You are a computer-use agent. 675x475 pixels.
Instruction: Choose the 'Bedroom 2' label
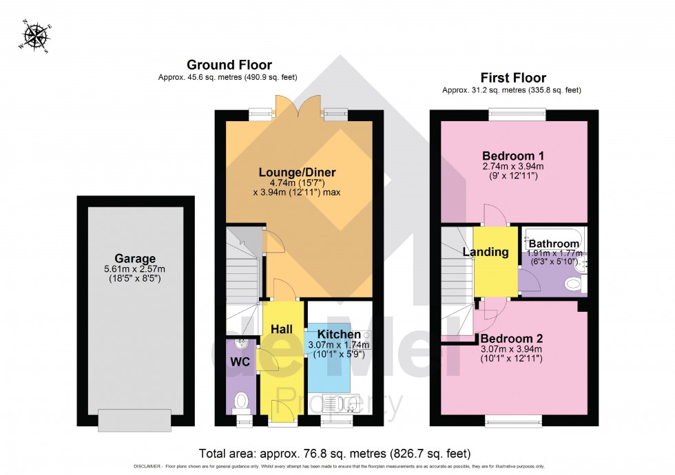click(512, 339)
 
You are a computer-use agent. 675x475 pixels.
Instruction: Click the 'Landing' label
click(485, 252)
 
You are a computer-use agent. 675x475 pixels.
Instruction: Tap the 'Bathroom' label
click(553, 243)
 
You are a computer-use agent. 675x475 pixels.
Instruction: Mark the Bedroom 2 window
click(513, 419)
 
